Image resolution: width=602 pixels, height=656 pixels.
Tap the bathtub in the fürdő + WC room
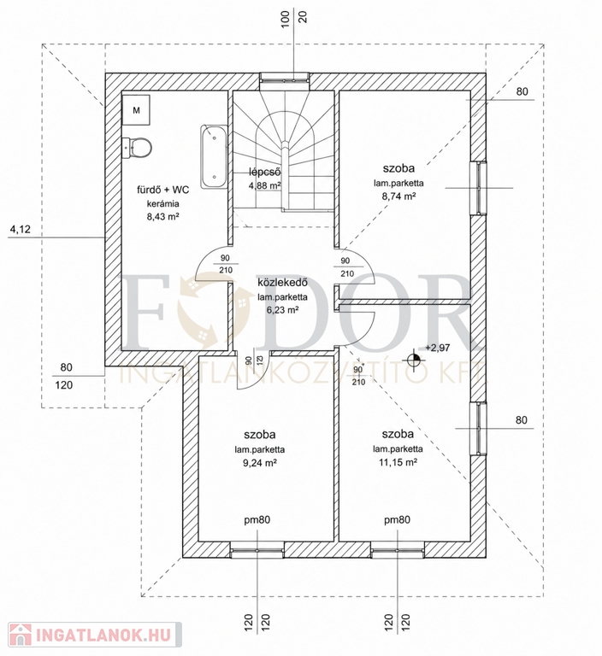tap(214, 156)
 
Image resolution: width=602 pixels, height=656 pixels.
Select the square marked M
tap(136, 110)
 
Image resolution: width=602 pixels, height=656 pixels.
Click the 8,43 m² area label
tap(163, 217)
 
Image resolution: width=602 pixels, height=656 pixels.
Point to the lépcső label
tap(265, 172)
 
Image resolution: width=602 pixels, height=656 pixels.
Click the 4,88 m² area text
tap(265, 185)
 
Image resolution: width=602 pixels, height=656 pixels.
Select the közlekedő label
tap(282, 283)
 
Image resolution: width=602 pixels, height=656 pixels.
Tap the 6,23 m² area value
tap(282, 310)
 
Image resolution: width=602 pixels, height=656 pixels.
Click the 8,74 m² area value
tap(398, 196)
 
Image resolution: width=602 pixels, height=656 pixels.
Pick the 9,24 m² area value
tap(260, 463)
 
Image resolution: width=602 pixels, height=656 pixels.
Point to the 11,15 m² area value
tap(398, 462)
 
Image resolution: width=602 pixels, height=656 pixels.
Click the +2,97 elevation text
tap(437, 348)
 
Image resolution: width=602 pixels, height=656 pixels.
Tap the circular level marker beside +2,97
tap(414, 360)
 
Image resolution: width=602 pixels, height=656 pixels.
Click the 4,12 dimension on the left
tap(21, 229)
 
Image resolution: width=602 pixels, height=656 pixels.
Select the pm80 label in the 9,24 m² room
tap(257, 520)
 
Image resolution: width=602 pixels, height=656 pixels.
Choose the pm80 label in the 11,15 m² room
tap(397, 520)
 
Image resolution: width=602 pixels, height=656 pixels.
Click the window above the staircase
tap(285, 80)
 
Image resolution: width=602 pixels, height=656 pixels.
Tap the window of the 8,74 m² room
tap(479, 188)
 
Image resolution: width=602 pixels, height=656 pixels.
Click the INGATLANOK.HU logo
tap(95, 635)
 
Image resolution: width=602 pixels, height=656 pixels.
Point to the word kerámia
tap(163, 204)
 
